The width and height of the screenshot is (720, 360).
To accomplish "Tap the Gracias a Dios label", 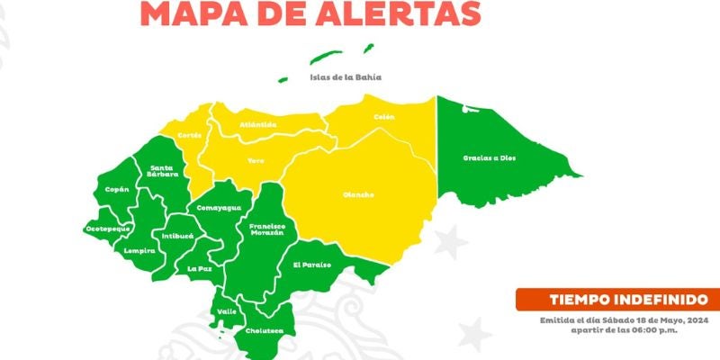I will (490, 157).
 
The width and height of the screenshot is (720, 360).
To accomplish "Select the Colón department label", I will (384, 117).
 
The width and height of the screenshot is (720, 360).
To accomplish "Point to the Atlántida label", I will (258, 124).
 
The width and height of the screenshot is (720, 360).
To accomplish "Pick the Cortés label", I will (190, 135).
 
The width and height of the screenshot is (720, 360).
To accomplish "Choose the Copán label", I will (117, 189).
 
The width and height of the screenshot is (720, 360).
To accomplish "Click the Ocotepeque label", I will (109, 229).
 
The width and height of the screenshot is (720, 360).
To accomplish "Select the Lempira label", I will (142, 250).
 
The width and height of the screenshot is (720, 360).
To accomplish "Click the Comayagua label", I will (219, 208).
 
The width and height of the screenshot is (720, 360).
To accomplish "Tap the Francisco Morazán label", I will (267, 229).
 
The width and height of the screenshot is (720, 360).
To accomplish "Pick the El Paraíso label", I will (312, 265).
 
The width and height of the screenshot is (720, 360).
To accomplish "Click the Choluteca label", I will (265, 330).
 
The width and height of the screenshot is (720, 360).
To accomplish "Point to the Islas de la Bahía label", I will (346, 77).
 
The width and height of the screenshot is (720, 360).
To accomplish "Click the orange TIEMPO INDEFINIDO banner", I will (617, 299).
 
